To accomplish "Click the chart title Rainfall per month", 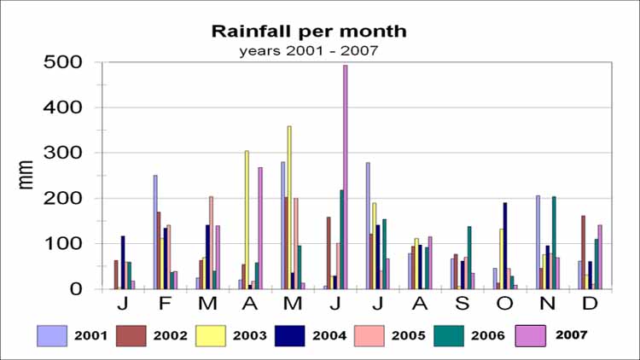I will pos(309,32).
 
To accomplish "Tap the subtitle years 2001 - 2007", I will pos(308,49).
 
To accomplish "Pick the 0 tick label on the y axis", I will pos(77,289).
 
